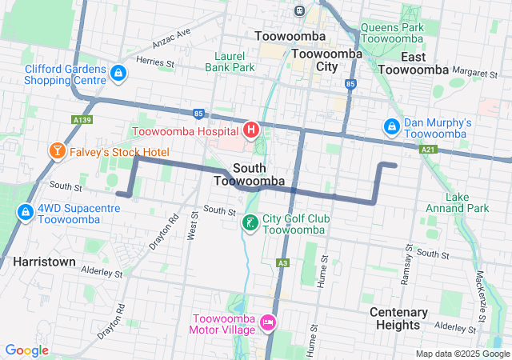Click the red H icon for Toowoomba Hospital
pyautogui.click(x=251, y=129)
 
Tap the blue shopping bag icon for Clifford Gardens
pyautogui.click(x=118, y=74)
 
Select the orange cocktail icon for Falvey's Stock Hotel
pyautogui.click(x=58, y=151)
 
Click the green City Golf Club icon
pyautogui.click(x=250, y=222)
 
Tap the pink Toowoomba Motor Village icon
pyautogui.click(x=268, y=322)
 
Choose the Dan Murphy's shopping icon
pyautogui.click(x=392, y=126)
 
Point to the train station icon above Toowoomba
pyautogui.click(x=299, y=11)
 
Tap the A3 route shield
pyautogui.click(x=282, y=262)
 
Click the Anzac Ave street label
pyautogui.click(x=174, y=37)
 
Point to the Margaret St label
pyautogui.click(x=474, y=73)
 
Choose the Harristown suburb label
pyautogui.click(x=44, y=262)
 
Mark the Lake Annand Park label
pyautogui.click(x=467, y=202)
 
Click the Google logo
pyautogui.click(x=27, y=350)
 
